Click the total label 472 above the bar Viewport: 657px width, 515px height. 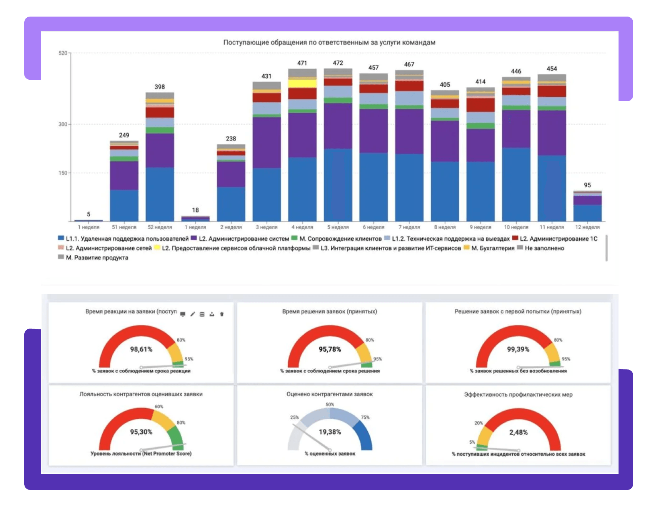click(x=338, y=63)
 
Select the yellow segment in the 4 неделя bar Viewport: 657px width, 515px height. click(x=302, y=83)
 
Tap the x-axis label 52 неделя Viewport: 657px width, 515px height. click(x=160, y=227)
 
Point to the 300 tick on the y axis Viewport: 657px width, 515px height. click(x=63, y=124)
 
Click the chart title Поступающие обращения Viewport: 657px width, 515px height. click(x=329, y=42)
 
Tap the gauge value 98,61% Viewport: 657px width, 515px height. click(x=141, y=349)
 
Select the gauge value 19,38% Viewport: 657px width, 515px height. click(x=330, y=432)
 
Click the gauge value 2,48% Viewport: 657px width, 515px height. click(x=518, y=433)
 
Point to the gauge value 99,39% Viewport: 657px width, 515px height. click(x=518, y=349)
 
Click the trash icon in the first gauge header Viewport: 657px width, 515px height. click(x=222, y=314)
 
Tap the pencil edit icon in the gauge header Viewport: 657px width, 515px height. click(x=193, y=314)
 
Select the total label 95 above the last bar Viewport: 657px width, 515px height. click(x=587, y=185)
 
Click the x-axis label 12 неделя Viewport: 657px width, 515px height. click(x=587, y=227)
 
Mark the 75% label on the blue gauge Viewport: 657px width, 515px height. click(x=365, y=418)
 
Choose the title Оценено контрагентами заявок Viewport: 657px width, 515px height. click(x=330, y=394)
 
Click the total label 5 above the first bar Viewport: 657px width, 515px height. click(x=88, y=214)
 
